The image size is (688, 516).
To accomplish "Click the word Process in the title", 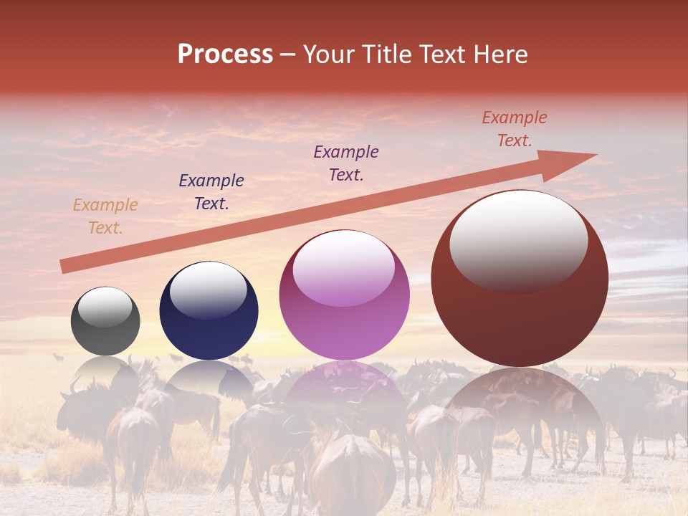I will [x=225, y=54].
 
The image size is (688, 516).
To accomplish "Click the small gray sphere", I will [x=105, y=322].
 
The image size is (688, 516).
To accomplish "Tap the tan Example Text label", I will [x=105, y=216].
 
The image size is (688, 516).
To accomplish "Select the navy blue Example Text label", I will [x=211, y=192].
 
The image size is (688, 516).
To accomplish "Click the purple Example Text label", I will [x=346, y=163].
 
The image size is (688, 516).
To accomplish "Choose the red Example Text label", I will [x=515, y=129].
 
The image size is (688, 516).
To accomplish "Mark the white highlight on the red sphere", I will [x=518, y=240].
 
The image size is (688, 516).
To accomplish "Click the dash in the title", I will [x=287, y=54].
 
